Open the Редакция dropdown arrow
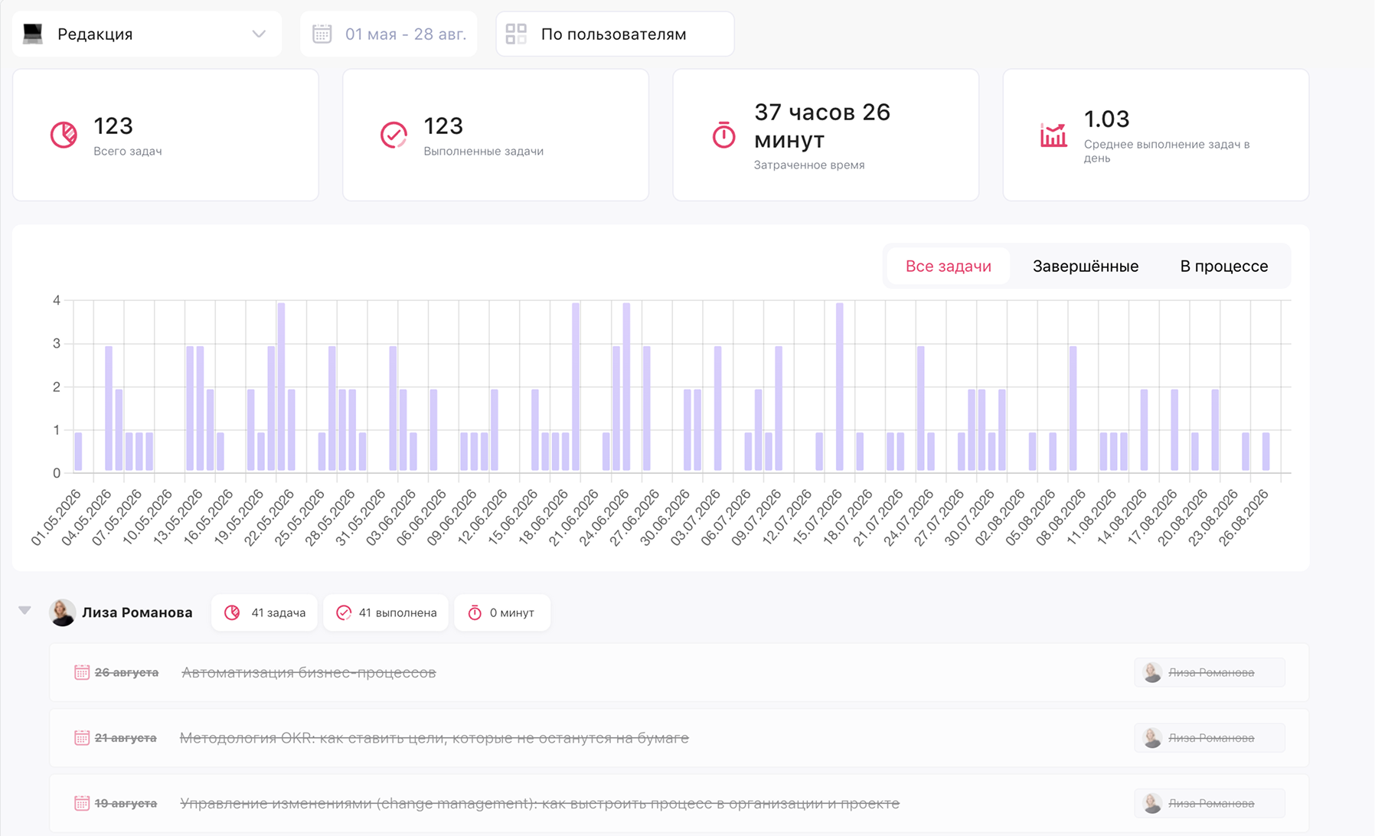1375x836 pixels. coord(259,34)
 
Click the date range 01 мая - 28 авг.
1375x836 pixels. coord(405,34)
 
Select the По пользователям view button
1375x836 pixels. coord(615,34)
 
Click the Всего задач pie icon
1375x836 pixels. coord(64,135)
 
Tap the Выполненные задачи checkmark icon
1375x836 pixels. coord(394,135)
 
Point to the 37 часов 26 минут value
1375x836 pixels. coord(822,126)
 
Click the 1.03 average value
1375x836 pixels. coord(1106,119)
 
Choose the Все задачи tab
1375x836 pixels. coord(948,266)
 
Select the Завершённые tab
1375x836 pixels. coord(1085,266)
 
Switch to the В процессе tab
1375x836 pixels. coord(1223,266)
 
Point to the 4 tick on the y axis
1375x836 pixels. coord(57,301)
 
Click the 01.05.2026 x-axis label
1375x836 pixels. coord(57,518)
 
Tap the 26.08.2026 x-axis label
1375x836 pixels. coord(1244,518)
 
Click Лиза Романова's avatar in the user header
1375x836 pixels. coord(63,612)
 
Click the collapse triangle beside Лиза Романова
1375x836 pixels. coord(25,610)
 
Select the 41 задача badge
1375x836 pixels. coord(264,612)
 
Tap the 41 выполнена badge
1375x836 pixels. coord(386,612)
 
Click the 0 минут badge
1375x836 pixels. coord(502,612)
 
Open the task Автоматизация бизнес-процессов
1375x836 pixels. coord(309,672)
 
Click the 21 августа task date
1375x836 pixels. coord(126,738)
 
